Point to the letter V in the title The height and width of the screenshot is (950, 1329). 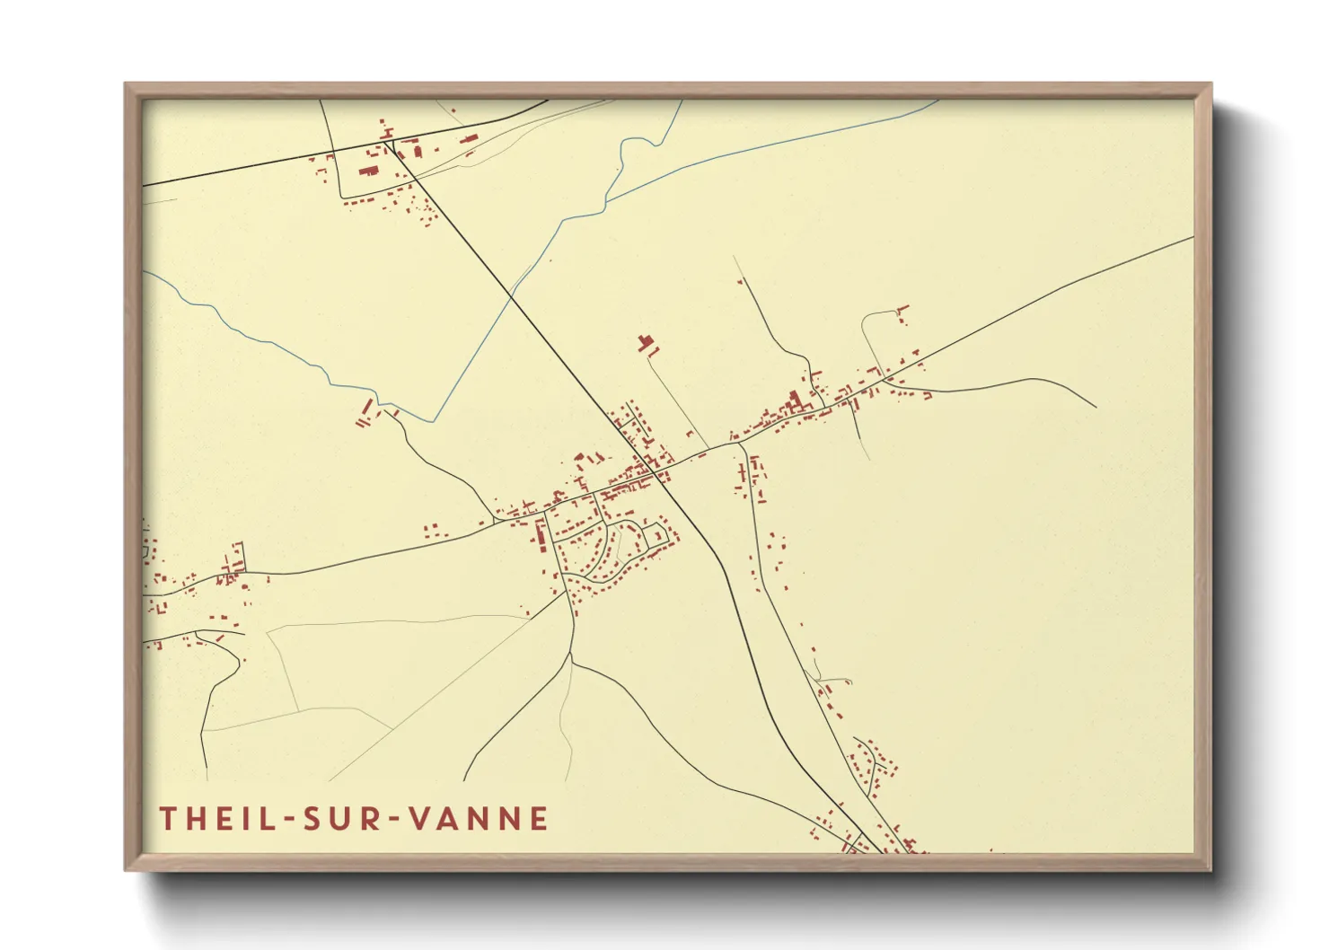click(x=418, y=819)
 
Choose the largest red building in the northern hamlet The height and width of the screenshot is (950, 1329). click(x=368, y=170)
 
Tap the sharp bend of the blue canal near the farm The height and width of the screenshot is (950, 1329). click(x=435, y=421)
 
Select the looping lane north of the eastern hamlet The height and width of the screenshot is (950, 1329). click(x=867, y=332)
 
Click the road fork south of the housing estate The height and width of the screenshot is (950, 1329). click(x=572, y=660)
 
